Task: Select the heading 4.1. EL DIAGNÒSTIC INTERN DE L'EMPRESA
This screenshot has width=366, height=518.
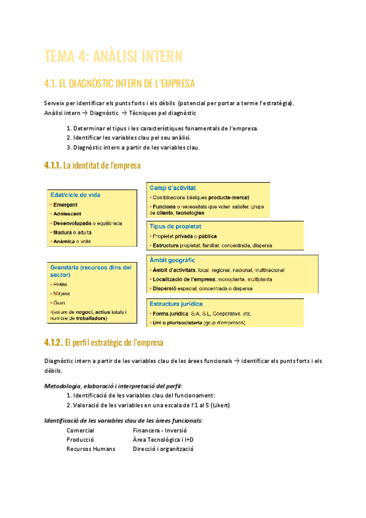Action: [120, 83]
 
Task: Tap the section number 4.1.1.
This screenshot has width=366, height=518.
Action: [53, 165]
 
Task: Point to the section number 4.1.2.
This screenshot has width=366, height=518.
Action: [53, 342]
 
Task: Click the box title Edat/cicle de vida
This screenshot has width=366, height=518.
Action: [76, 195]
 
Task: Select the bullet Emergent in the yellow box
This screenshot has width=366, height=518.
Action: [65, 205]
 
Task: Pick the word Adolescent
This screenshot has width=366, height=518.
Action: [67, 214]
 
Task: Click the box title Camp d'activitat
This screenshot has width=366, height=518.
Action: [177, 188]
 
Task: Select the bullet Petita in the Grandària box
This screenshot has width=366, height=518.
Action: [60, 285]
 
